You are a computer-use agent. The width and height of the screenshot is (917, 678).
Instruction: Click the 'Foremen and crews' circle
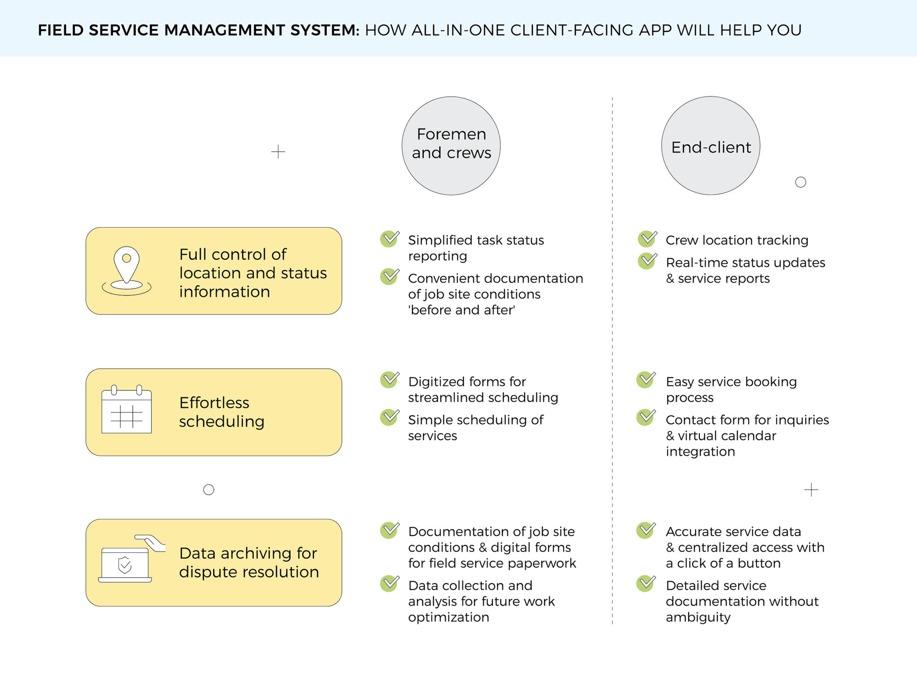(x=451, y=145)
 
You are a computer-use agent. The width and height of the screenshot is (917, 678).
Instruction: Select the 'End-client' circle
(x=711, y=146)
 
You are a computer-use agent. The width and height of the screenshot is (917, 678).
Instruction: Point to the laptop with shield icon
(x=125, y=564)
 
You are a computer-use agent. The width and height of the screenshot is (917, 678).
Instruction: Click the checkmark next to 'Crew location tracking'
(x=647, y=239)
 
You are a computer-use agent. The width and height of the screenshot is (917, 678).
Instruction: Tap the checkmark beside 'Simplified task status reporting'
(x=390, y=239)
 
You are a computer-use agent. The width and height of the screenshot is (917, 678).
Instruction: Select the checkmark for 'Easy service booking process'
(x=646, y=380)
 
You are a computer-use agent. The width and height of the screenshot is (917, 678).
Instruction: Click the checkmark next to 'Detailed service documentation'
(x=646, y=584)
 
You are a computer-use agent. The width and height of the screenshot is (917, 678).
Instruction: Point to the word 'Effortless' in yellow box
(x=214, y=403)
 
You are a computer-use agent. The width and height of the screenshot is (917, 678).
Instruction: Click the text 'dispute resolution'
(x=249, y=572)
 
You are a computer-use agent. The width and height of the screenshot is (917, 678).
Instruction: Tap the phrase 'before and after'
(x=462, y=310)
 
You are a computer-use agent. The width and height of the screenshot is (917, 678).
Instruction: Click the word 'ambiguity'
(x=698, y=617)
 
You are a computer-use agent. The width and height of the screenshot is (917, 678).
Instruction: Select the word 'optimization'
(x=448, y=617)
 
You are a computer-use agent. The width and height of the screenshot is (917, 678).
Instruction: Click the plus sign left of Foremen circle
(x=278, y=152)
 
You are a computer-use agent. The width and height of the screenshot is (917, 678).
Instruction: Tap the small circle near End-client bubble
(x=801, y=182)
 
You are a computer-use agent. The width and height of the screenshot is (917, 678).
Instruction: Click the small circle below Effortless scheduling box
(x=209, y=490)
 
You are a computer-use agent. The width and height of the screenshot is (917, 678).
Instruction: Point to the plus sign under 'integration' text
(x=811, y=490)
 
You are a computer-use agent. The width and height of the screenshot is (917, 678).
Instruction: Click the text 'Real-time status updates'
(x=745, y=263)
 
